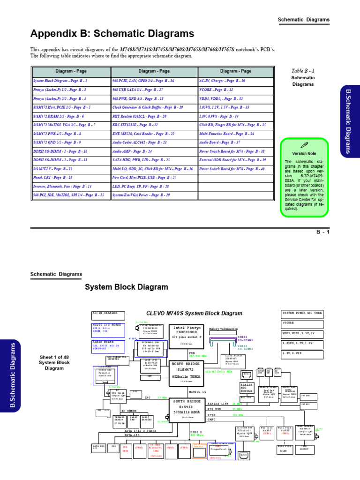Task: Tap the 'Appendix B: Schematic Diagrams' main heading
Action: (112, 34)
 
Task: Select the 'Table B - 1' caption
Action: (303, 70)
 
